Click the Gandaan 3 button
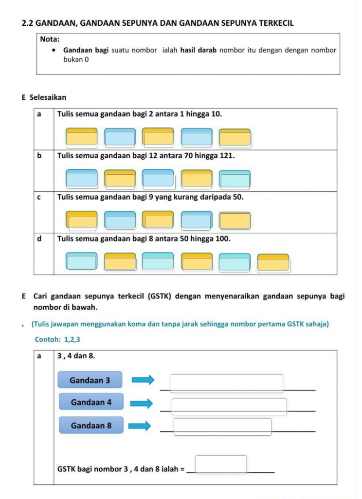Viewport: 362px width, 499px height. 90,380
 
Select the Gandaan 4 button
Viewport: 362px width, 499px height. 91,402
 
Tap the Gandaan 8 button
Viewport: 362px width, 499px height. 91,425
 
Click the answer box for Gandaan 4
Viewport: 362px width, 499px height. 229,407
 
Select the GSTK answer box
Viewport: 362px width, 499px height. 221,464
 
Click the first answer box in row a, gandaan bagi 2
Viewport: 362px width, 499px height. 82,137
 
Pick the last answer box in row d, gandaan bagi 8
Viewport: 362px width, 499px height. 273,263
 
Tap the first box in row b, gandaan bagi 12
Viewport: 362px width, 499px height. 82,179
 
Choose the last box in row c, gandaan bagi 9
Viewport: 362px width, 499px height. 235,221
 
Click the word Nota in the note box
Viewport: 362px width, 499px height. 50,39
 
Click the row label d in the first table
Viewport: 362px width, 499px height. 39,239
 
